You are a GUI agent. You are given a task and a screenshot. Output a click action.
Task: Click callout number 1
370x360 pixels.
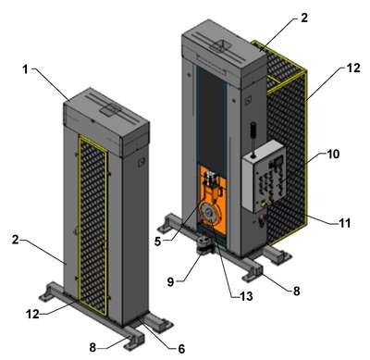(25, 69)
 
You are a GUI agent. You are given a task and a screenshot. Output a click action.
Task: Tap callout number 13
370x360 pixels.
(246, 296)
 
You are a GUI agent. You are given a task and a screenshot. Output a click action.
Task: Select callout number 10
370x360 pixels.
(333, 154)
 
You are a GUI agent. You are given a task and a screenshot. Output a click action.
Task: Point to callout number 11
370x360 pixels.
(344, 222)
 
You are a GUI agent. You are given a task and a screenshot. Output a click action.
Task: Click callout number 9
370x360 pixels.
(171, 281)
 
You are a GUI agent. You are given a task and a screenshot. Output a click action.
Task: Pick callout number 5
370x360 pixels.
(157, 242)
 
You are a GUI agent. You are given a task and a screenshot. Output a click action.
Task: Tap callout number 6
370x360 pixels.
(181, 349)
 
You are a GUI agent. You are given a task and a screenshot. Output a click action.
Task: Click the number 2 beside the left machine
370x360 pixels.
(16, 240)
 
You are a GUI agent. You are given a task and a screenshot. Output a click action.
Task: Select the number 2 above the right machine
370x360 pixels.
(304, 18)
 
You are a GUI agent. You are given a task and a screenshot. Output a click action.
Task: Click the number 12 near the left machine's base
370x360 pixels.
(32, 314)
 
